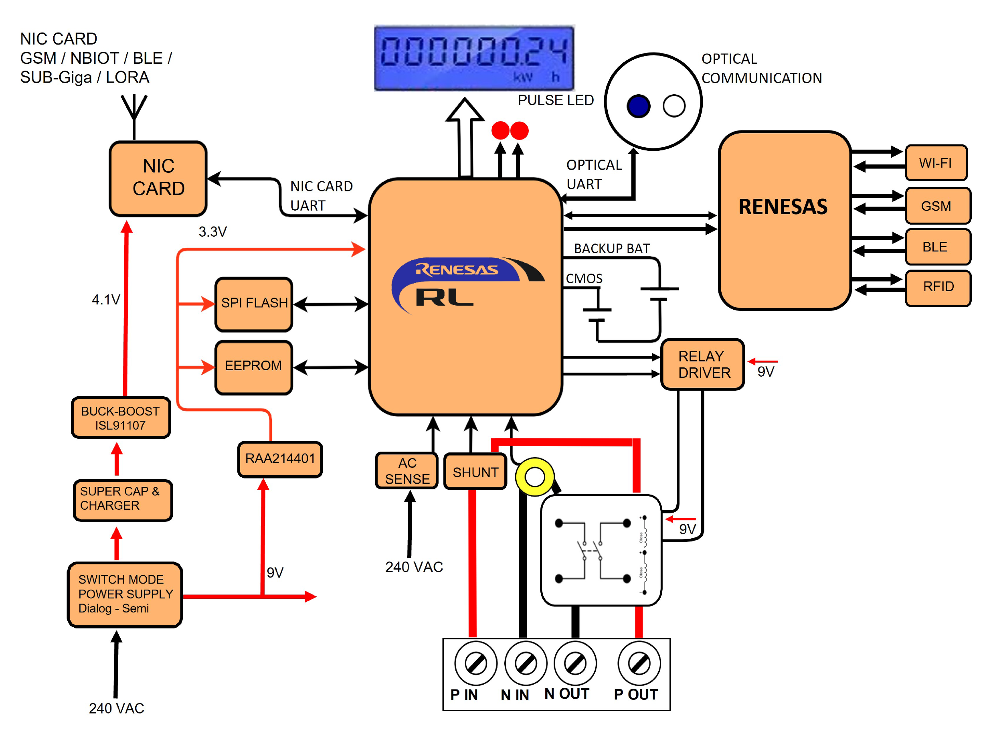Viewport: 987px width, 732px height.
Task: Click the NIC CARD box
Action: [x=158, y=178]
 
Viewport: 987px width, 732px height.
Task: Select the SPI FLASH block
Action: [x=254, y=304]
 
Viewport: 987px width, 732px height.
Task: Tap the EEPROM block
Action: [x=254, y=367]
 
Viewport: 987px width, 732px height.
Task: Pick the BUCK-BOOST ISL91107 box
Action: [x=120, y=418]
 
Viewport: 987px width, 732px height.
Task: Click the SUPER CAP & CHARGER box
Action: [x=123, y=499]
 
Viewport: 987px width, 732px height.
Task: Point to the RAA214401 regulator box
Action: [x=280, y=458]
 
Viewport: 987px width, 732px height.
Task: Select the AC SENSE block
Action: [x=407, y=470]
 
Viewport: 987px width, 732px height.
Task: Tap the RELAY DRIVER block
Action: [x=702, y=364]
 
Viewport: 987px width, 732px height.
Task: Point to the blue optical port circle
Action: [x=638, y=106]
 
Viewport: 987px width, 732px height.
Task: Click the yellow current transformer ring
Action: [x=534, y=477]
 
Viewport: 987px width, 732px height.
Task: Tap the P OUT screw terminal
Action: [x=639, y=663]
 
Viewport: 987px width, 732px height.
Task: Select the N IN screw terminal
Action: [x=526, y=663]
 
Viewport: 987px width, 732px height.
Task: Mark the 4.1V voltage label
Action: [x=105, y=300]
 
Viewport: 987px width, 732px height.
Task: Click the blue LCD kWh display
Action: [x=474, y=58]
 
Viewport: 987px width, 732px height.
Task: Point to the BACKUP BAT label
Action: [x=611, y=249]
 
